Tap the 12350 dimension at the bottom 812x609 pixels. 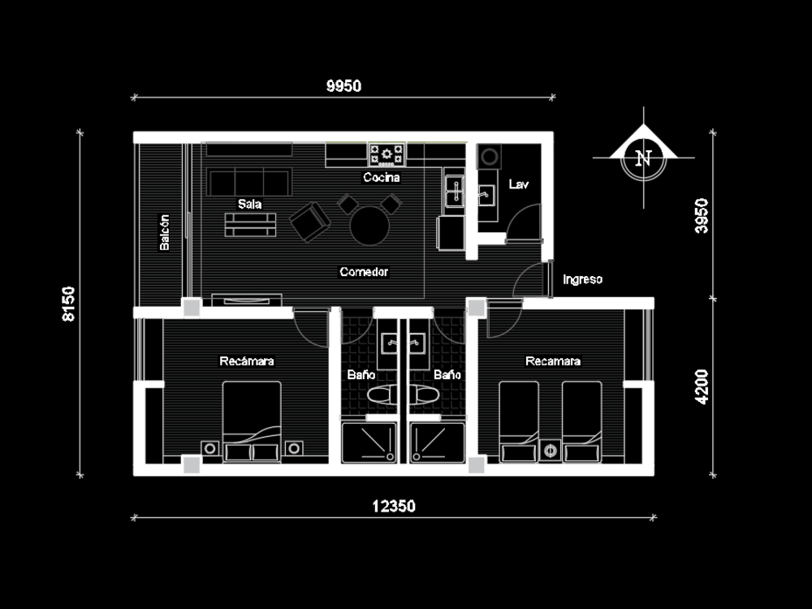click(394, 507)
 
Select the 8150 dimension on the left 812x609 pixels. click(69, 304)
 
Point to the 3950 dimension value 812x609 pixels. click(702, 215)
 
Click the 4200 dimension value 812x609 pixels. click(702, 387)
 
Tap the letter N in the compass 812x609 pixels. click(644, 158)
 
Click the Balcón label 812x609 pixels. click(165, 232)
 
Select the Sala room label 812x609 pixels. click(249, 204)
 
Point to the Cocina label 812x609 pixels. click(382, 178)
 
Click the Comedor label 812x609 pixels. click(364, 272)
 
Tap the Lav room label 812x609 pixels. click(518, 184)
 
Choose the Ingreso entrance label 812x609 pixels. click(582, 279)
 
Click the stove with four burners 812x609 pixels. click(387, 153)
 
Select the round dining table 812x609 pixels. click(370, 225)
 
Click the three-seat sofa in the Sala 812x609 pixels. click(249, 183)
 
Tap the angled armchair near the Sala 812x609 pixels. click(309, 222)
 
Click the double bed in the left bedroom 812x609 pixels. click(252, 421)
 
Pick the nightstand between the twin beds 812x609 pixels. click(551, 450)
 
